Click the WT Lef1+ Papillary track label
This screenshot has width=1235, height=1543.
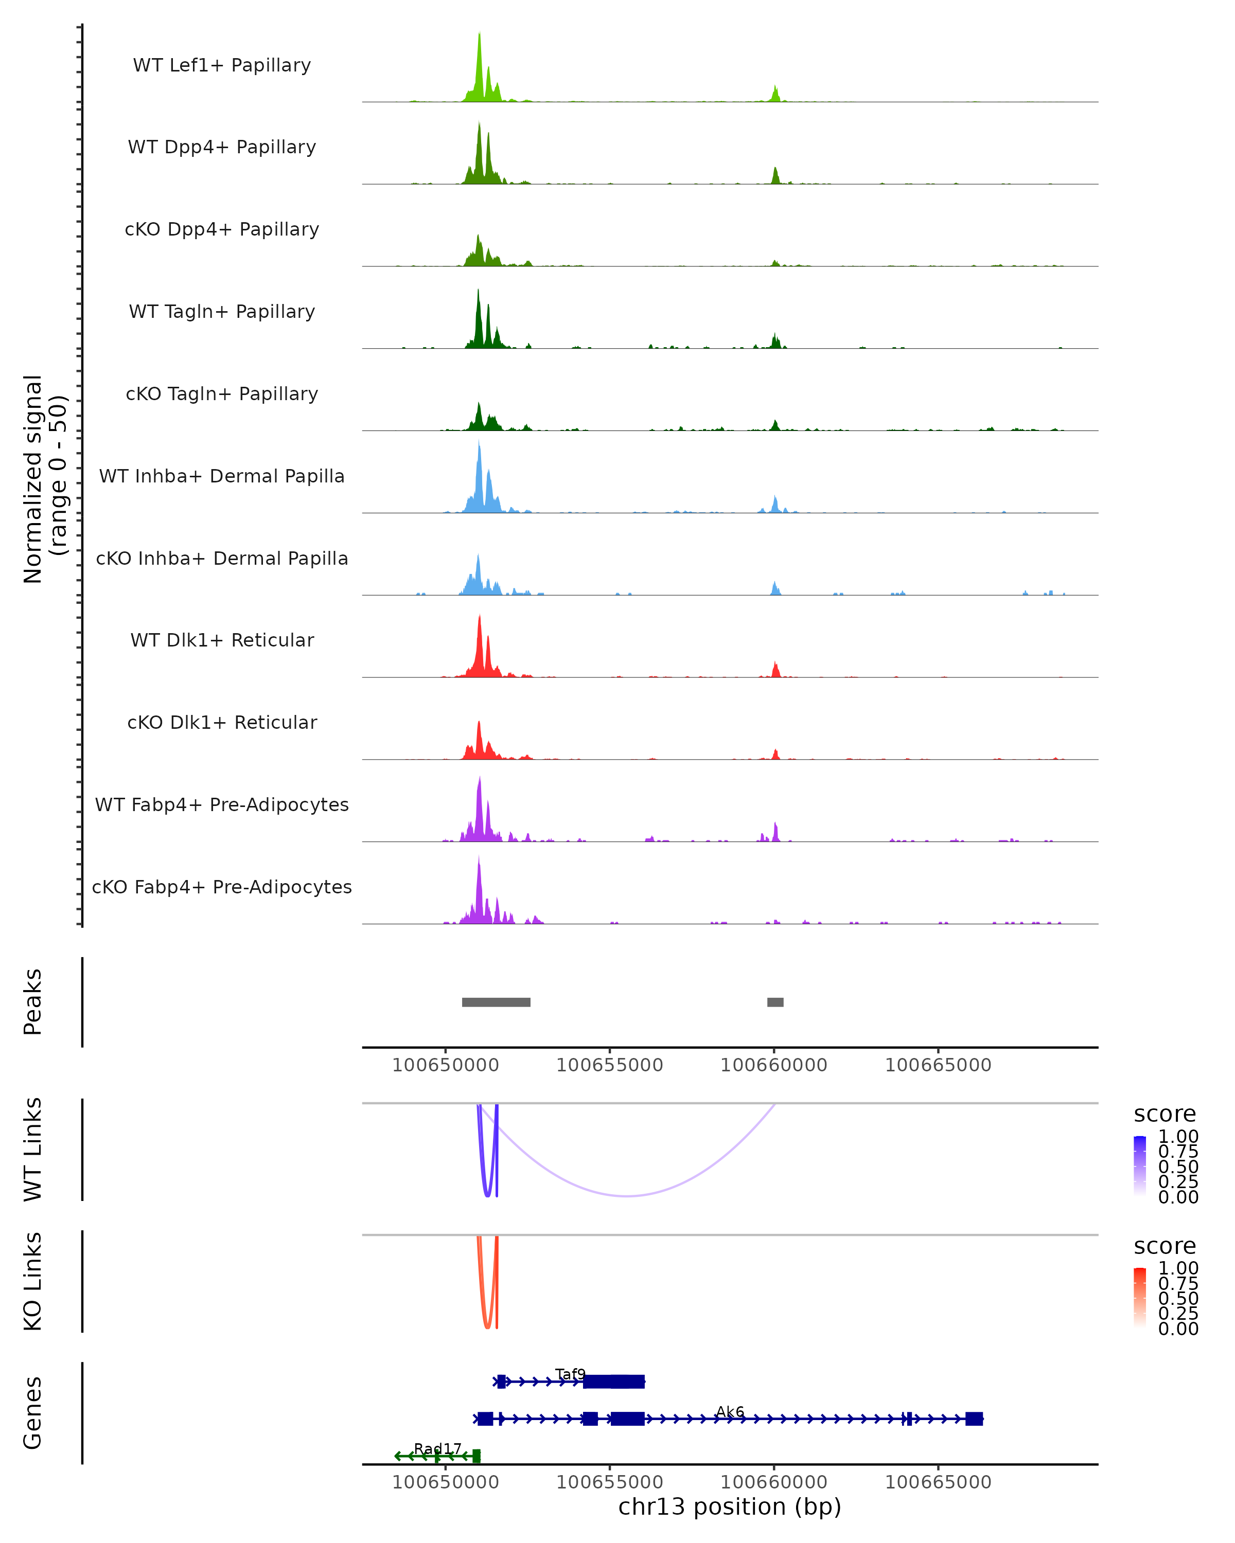(x=222, y=65)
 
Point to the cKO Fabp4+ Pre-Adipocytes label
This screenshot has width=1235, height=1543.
(x=222, y=887)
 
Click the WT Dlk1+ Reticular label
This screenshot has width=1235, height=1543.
(x=222, y=640)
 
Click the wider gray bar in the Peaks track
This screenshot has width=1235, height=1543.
(x=496, y=1002)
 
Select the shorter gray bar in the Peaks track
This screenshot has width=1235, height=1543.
(x=775, y=1002)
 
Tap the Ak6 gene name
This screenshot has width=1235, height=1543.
(x=730, y=1411)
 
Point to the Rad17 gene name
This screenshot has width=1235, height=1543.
(x=437, y=1448)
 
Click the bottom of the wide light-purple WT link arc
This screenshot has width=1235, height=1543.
(x=627, y=1195)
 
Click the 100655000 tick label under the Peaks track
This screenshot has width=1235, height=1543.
(x=610, y=1065)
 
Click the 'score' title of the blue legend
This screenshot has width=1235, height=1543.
(x=1165, y=1115)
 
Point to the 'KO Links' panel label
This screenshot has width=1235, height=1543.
(x=33, y=1281)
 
